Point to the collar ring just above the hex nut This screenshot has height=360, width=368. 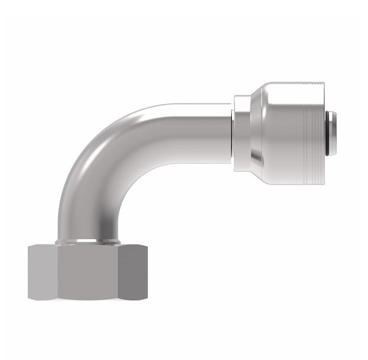[88, 241]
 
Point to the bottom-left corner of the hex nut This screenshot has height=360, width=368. [29, 297]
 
